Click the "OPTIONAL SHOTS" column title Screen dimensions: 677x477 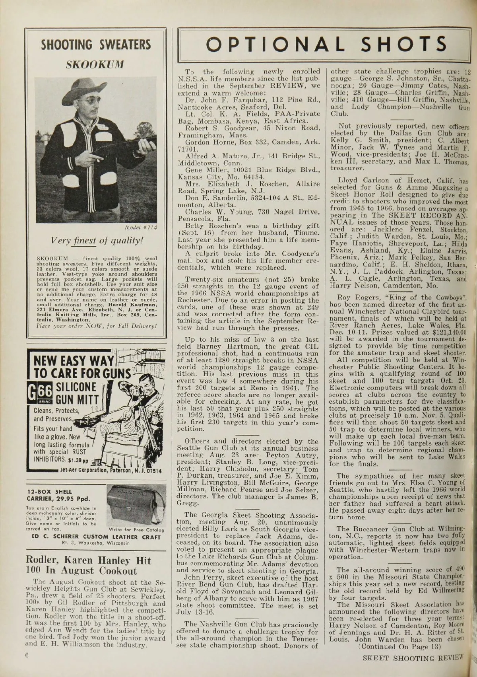[326, 44]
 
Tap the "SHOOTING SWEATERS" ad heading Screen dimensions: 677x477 [96, 45]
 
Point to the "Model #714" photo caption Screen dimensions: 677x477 [142, 228]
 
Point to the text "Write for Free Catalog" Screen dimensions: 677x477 [136, 530]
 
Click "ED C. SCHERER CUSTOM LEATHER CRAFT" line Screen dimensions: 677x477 [96, 537]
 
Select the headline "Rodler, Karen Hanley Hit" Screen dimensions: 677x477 [88, 560]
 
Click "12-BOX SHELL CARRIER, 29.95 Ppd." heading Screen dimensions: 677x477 [59, 495]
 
